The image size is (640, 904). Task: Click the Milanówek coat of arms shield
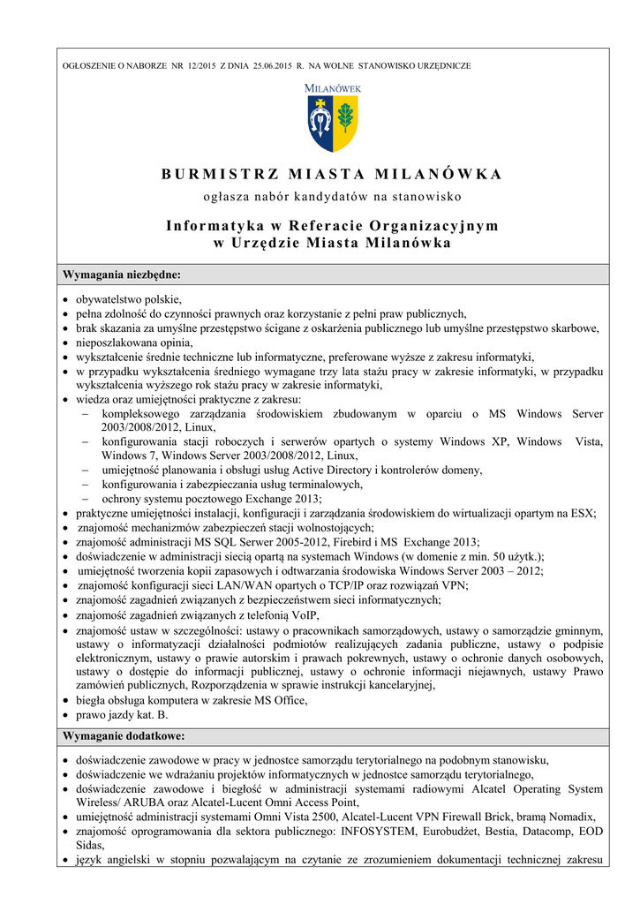click(333, 124)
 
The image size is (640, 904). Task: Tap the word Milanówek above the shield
click(333, 87)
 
